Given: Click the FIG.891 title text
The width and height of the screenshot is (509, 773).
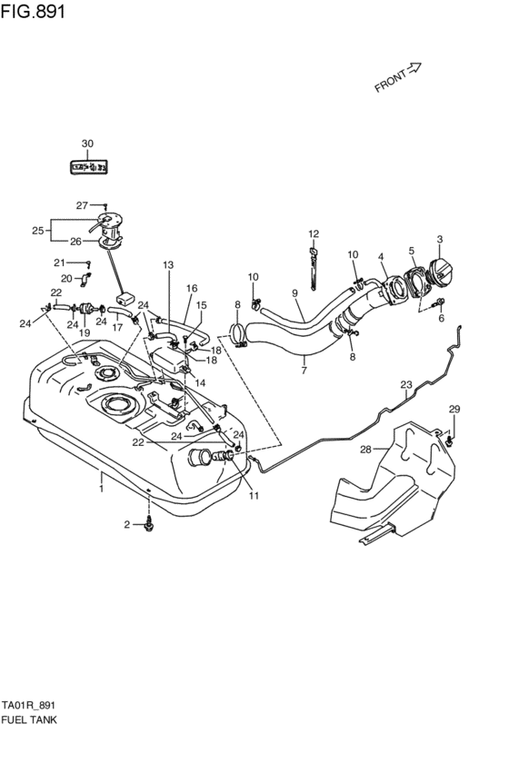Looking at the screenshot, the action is [x=33, y=11].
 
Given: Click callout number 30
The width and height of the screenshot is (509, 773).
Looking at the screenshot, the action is [x=87, y=144].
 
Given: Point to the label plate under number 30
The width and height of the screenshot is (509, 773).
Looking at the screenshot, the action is [x=88, y=167].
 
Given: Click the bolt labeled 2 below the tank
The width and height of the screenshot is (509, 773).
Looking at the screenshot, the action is [x=148, y=526].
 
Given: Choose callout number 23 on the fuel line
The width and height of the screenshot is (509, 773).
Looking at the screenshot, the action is [x=406, y=384].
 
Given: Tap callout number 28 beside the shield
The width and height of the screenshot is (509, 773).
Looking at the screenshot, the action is [x=365, y=449].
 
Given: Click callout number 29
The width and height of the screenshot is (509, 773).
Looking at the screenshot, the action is [x=454, y=409].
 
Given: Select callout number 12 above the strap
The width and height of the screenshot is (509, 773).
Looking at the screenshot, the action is [x=314, y=233].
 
